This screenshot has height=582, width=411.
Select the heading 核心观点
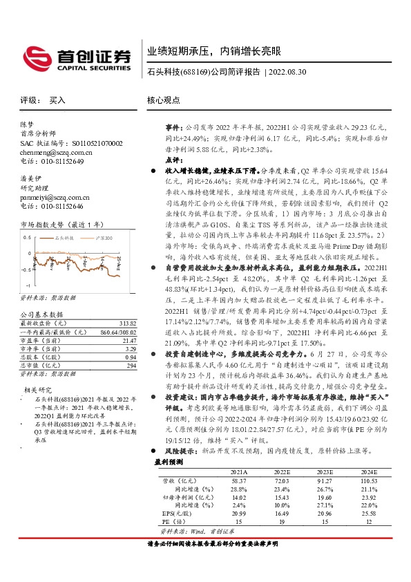[163, 100]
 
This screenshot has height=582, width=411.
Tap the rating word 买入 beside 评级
[57, 100]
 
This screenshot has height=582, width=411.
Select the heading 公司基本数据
[39, 315]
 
